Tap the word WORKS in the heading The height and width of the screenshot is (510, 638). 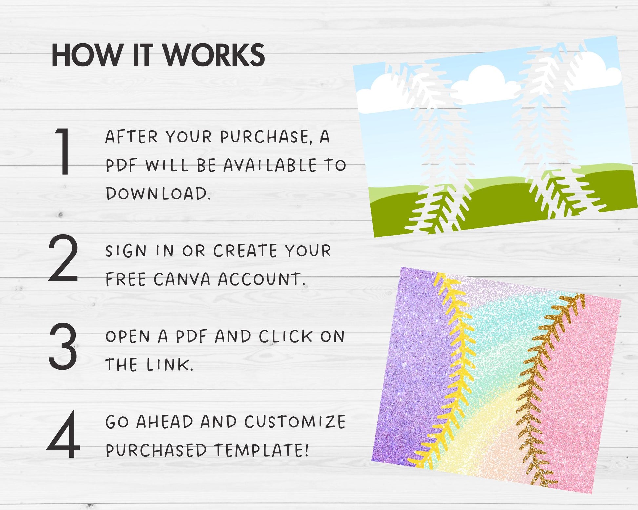tap(214, 55)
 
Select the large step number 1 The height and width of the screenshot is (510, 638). tap(63, 151)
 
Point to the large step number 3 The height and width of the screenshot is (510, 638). tap(63, 346)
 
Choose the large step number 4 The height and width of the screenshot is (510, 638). tap(63, 434)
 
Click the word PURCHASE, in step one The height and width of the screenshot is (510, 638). tap(266, 137)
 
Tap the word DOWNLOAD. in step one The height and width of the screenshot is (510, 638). tap(158, 194)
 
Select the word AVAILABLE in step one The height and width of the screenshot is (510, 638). tap(270, 165)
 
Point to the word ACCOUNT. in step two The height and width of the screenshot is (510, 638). tap(262, 279)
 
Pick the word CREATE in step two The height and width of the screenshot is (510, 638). tap(245, 251)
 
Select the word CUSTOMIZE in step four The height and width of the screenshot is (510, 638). tap(295, 422)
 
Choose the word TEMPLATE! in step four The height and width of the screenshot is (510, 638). tap(261, 450)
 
